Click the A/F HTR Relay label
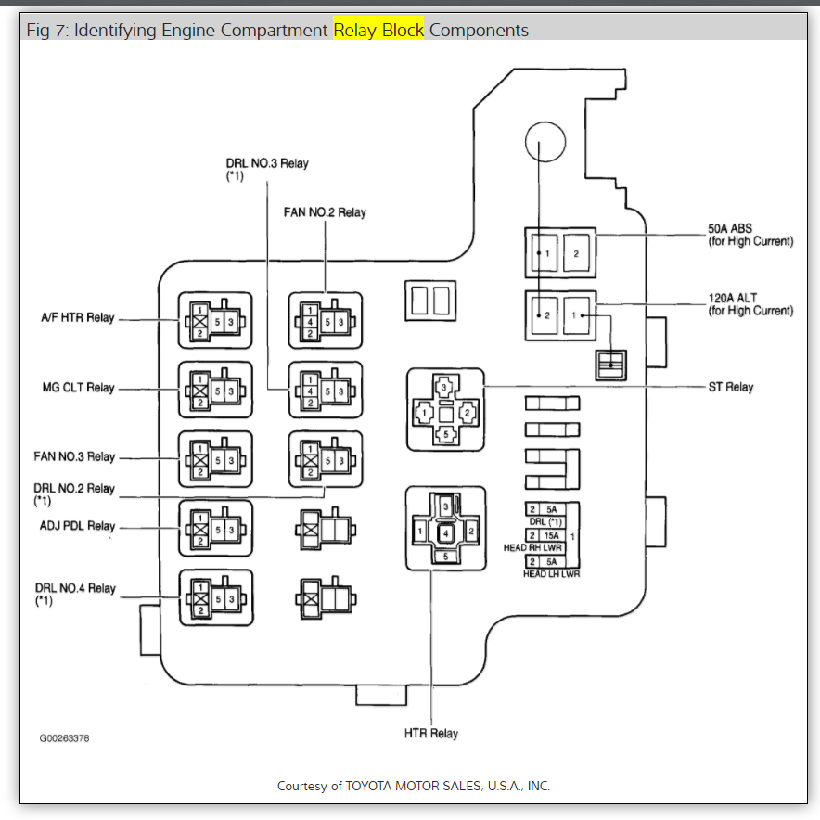click(77, 318)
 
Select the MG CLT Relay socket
click(215, 388)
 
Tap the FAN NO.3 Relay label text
click(74, 456)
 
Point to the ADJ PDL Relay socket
click(215, 528)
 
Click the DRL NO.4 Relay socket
click(215, 596)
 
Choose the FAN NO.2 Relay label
click(325, 212)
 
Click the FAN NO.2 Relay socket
click(325, 321)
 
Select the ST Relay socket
click(445, 410)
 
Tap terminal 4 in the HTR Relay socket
click(446, 533)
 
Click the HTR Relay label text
click(431, 734)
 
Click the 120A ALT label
click(733, 298)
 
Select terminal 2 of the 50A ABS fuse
click(575, 253)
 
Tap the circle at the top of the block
click(545, 145)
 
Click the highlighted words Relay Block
click(378, 30)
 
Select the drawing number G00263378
click(64, 739)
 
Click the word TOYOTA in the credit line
click(372, 786)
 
